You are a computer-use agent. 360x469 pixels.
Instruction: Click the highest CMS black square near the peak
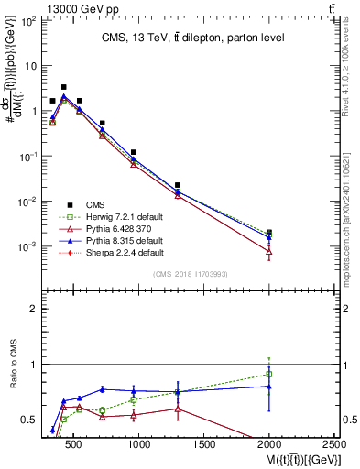(63, 87)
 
